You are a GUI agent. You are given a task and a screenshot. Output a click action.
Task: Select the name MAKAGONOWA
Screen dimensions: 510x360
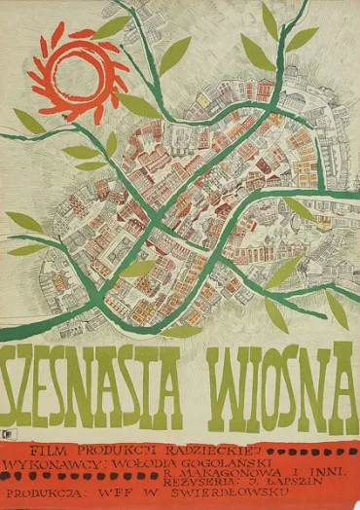point(208,452)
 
